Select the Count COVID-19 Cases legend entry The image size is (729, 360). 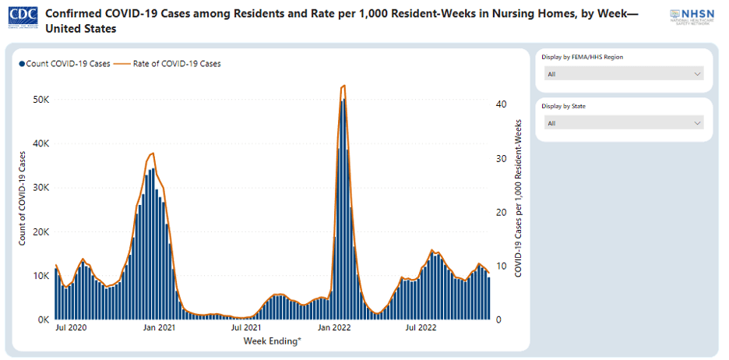pos(65,64)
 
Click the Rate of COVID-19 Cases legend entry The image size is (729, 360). pos(172,64)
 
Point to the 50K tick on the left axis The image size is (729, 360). pos(40,100)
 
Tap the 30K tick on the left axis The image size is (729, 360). pos(40,188)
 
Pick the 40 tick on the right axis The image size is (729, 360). pos(502,104)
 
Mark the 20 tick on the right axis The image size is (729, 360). pos(502,212)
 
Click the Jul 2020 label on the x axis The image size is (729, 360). pos(71,329)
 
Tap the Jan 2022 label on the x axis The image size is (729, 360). pos(336,329)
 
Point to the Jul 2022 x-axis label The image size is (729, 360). pos(421,329)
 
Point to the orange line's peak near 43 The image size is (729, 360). pos(343,86)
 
